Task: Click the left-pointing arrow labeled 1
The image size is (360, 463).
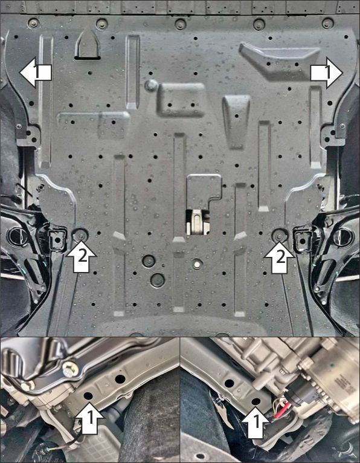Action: click(x=36, y=73)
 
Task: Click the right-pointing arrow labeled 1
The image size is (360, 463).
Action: click(x=327, y=73)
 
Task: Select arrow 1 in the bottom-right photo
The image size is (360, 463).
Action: click(x=256, y=423)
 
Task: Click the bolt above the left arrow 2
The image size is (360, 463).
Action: click(x=80, y=235)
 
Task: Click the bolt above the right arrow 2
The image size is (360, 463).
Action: click(x=278, y=235)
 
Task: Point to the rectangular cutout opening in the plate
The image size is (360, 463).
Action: click(x=198, y=222)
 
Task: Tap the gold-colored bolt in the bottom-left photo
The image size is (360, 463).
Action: click(x=71, y=369)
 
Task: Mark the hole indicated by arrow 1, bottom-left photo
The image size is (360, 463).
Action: click(x=88, y=396)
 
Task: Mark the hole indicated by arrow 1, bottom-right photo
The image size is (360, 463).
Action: click(x=256, y=401)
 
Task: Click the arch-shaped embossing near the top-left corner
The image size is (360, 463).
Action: click(x=88, y=44)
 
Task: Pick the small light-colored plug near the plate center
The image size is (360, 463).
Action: click(x=197, y=264)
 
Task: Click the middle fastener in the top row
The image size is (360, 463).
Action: click(x=180, y=24)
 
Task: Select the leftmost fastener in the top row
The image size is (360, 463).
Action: click(x=33, y=23)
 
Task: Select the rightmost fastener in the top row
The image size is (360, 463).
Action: click(x=327, y=24)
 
